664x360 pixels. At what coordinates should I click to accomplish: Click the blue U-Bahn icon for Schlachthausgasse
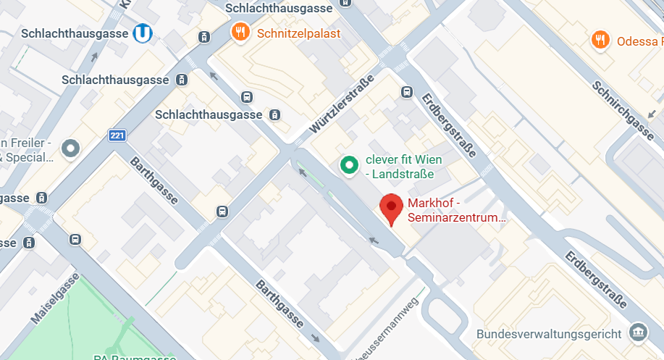(x=142, y=33)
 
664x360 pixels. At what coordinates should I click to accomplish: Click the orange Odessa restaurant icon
(x=599, y=40)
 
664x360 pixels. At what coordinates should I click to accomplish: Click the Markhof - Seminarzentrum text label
(x=456, y=210)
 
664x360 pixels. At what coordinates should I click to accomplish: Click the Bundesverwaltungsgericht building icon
(x=638, y=332)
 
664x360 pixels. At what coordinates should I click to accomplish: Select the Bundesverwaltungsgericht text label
(x=549, y=334)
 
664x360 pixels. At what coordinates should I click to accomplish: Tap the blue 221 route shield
(x=117, y=135)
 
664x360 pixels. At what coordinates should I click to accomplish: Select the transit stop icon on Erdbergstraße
(x=407, y=92)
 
